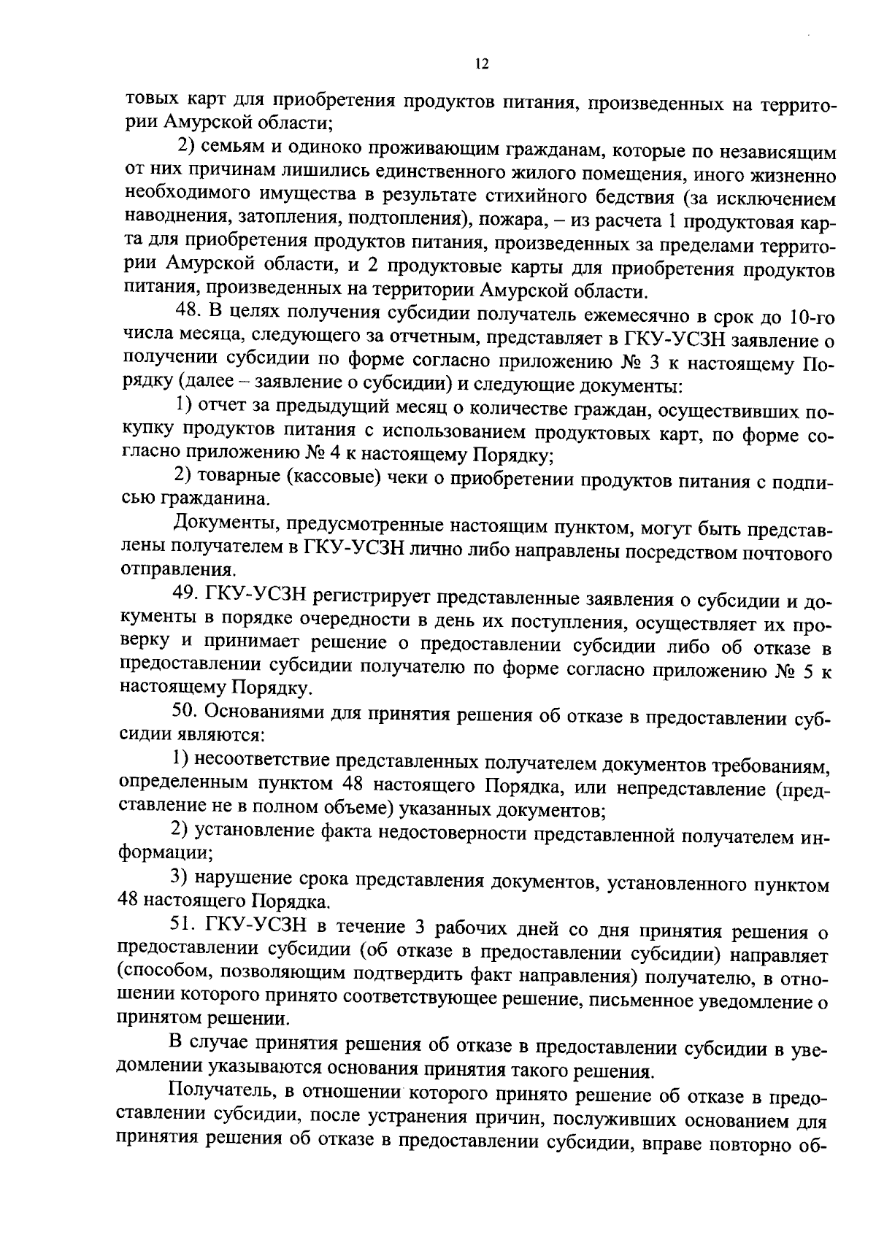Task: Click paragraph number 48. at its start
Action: [x=190, y=312]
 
